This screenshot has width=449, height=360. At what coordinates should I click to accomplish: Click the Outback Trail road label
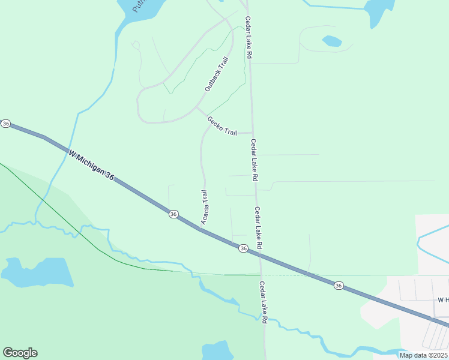[216, 78]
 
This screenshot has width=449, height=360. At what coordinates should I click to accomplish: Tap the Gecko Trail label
[222, 125]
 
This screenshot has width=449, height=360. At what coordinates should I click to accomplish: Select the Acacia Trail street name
[204, 208]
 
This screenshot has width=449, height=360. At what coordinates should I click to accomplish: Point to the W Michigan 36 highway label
[91, 164]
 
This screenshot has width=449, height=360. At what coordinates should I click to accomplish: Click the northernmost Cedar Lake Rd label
[248, 37]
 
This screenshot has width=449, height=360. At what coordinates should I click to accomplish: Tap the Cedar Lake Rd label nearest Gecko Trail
[255, 160]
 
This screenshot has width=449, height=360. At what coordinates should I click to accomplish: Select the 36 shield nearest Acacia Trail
[173, 214]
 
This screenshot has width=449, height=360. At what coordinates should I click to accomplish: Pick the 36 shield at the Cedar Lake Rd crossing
[243, 248]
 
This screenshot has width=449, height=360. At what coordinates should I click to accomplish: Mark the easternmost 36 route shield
[339, 286]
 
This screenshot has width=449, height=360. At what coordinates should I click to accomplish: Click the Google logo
[20, 353]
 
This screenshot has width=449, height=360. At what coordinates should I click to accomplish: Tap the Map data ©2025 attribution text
[423, 355]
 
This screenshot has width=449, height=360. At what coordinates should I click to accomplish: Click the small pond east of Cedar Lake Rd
[331, 41]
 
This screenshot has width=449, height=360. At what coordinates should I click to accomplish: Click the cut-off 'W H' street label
[443, 299]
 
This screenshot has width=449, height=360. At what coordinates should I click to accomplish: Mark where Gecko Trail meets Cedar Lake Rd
[253, 133]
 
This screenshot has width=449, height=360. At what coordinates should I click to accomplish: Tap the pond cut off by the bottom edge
[217, 351]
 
